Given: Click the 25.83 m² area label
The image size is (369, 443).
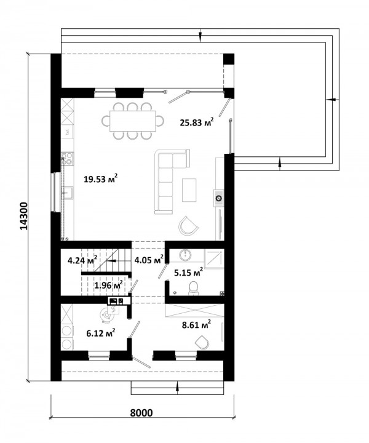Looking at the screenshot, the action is coord(197,122).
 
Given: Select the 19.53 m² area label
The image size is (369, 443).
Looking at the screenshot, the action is coord(100,179).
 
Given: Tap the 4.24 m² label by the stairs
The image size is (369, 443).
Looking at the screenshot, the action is coord(82,260).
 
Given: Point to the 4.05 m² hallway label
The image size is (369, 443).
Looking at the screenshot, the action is coord(149,260).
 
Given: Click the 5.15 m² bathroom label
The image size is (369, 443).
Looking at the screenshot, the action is coord(188,273).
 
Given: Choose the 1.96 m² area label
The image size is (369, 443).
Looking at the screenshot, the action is coord(108,285).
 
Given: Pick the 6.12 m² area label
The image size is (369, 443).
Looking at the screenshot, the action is coord(100,333).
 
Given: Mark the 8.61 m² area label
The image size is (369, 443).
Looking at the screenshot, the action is coord(197,325).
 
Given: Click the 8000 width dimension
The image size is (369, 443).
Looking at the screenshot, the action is coord(141,412).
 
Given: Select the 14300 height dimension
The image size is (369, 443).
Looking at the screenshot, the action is coord(24,216).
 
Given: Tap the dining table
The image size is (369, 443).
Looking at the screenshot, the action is coord(133,121).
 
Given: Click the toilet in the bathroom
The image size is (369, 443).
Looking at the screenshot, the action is coord(193,288).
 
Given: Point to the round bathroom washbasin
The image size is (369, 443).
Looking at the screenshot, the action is coord(185,255).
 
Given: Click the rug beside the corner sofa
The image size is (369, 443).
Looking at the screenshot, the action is coord(189,190).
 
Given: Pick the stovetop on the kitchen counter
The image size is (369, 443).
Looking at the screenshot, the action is coord(68,159).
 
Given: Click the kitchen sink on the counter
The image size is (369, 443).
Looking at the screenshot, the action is coord(67,193).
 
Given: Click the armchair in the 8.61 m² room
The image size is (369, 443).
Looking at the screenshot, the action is coord(202,343).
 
